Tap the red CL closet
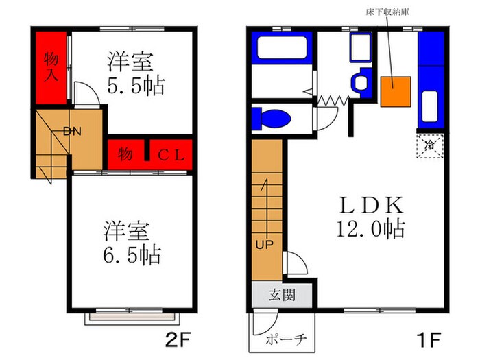point(168,153)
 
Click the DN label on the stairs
point(73,132)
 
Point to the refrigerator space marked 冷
point(430,145)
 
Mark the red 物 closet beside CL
point(125,153)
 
